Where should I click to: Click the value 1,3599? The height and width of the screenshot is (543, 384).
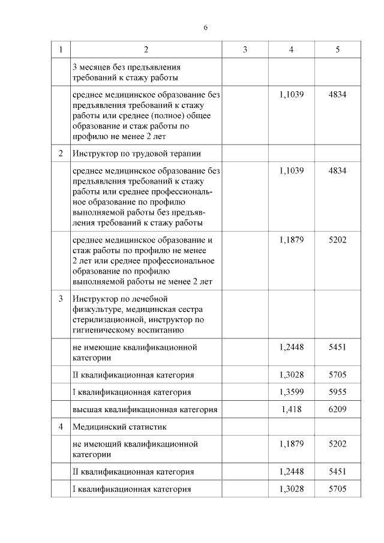tap(292, 392)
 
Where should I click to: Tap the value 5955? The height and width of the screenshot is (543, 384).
tap(338, 392)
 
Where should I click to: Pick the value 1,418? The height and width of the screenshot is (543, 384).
tap(292, 410)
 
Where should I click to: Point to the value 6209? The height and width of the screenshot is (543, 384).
tap(338, 410)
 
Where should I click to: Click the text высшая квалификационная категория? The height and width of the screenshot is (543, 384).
tap(144, 410)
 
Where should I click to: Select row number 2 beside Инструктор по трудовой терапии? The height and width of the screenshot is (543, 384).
tap(60, 153)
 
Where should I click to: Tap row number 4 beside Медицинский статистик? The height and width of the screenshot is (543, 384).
tap(60, 427)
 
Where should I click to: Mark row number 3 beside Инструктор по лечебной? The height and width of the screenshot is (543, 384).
tap(60, 299)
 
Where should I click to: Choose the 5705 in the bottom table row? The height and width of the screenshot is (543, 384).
tap(338, 489)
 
